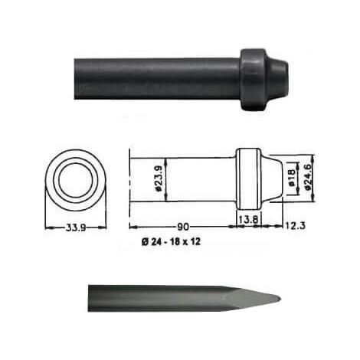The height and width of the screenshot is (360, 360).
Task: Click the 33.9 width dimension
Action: coord(76,227)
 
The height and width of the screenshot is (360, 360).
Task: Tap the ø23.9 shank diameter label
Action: coord(159,178)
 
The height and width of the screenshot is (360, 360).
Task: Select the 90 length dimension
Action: coord(183,227)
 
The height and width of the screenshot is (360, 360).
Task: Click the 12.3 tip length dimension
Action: coord(295,225)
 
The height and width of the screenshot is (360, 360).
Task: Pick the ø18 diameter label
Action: coord(292,178)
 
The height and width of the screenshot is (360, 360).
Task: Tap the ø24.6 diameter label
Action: coord(308,177)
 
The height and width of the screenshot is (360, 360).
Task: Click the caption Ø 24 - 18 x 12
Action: coord(171,241)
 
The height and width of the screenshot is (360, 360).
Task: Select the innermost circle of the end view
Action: coord(75,180)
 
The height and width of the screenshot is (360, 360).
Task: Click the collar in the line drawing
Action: coord(249,178)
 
